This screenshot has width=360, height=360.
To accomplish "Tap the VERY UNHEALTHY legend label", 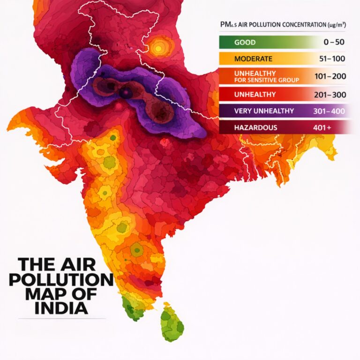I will point(258,111).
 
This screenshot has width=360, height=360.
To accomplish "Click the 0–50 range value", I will point(334,42).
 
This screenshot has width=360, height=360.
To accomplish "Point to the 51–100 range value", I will point(331,60).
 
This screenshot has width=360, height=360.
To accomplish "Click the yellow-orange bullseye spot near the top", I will point(160,46).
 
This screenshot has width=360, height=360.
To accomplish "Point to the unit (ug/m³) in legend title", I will point(340,24).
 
